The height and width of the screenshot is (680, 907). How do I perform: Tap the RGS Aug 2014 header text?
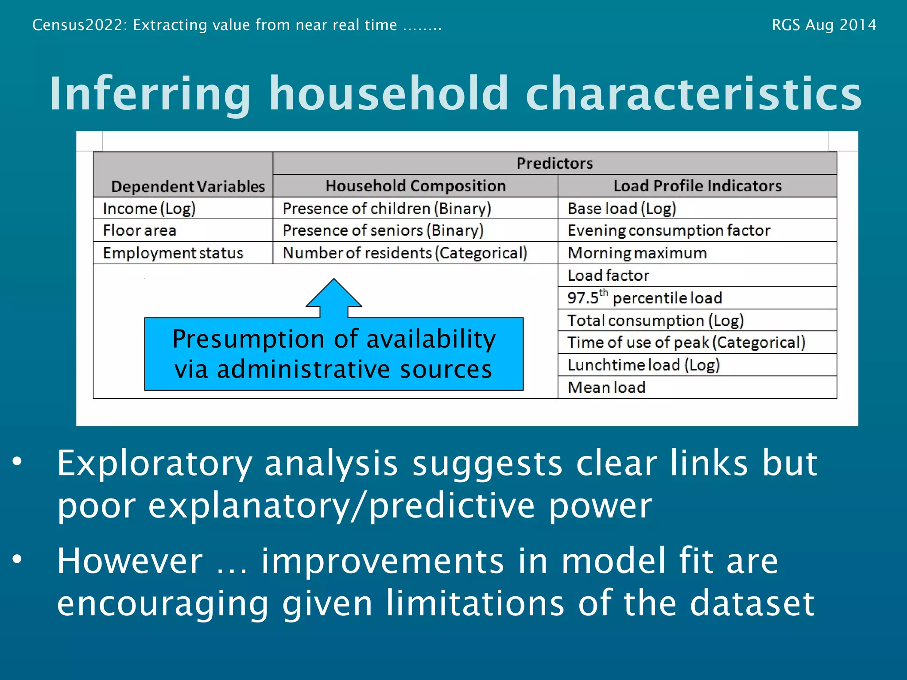[824, 25]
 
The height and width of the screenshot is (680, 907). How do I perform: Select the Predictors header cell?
[554, 163]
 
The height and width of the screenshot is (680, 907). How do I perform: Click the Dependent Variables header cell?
[188, 186]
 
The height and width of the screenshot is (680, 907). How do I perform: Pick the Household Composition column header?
[415, 186]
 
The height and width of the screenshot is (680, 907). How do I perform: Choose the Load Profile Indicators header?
[697, 186]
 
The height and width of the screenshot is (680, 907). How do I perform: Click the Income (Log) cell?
[149, 209]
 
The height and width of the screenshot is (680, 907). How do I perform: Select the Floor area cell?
[140, 231]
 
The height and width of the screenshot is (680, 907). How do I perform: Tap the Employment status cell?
[173, 253]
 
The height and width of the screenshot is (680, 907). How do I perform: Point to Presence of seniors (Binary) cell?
[383, 231]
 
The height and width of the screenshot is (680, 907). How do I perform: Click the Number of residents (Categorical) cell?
[405, 253]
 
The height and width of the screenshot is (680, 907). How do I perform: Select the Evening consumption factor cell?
[669, 231]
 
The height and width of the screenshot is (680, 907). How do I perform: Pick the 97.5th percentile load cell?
[644, 298]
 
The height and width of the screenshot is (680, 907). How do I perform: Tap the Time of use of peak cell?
[686, 343]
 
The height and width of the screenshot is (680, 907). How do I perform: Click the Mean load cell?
[606, 388]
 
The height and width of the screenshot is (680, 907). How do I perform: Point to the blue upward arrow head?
[334, 294]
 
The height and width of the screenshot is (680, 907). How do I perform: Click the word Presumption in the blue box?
[248, 340]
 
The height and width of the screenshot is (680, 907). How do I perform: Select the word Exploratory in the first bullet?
[154, 464]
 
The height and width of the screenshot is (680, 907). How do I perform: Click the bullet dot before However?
[17, 559]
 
